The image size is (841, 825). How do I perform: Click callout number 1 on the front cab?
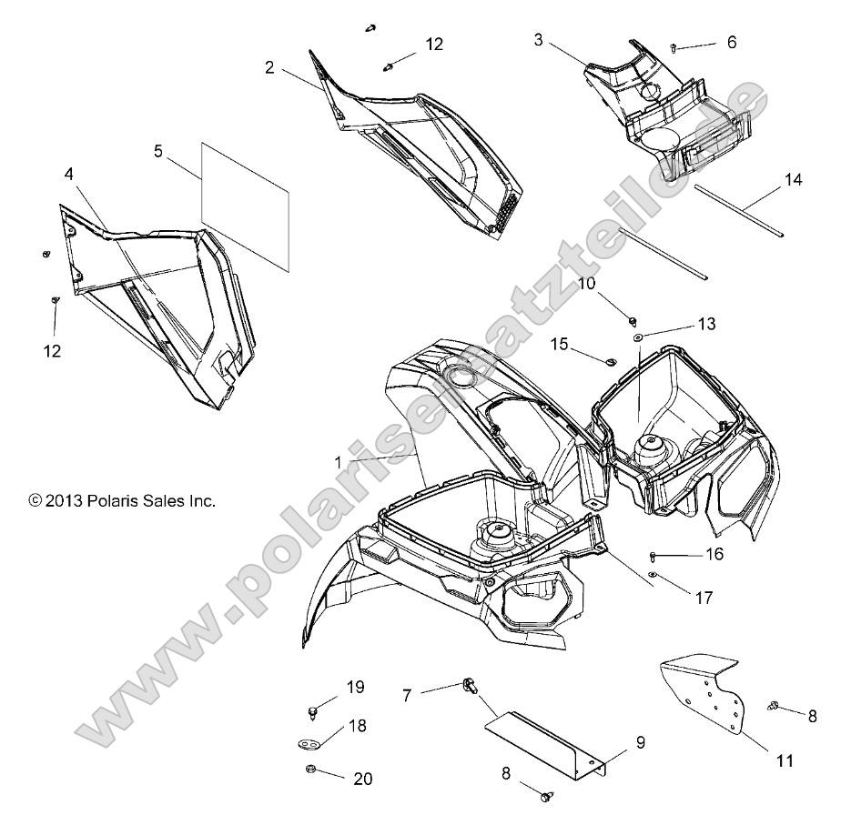(x=339, y=462)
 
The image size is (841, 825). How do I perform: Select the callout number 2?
(x=270, y=67)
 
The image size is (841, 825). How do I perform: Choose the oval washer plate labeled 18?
(x=313, y=744)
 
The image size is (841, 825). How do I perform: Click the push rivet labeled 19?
(x=313, y=709)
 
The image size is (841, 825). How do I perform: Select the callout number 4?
(x=70, y=172)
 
